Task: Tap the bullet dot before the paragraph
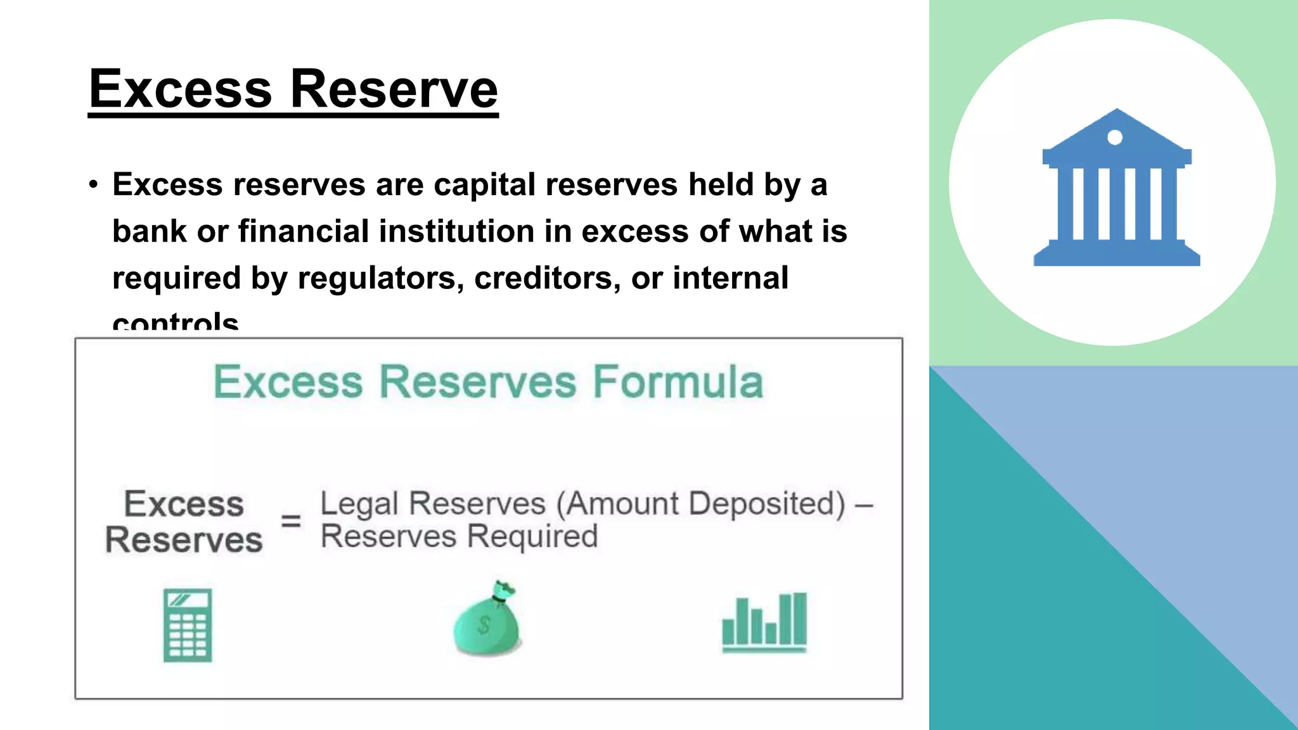click(94, 185)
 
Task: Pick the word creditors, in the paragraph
click(548, 278)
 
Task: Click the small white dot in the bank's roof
click(1115, 138)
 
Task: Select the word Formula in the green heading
click(678, 382)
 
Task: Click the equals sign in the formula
click(291, 522)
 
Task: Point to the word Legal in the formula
click(359, 504)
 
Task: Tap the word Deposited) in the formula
click(767, 504)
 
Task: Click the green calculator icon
click(188, 625)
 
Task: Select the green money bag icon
click(487, 620)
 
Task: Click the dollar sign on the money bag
click(484, 625)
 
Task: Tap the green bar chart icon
click(764, 622)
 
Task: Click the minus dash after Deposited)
click(864, 506)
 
